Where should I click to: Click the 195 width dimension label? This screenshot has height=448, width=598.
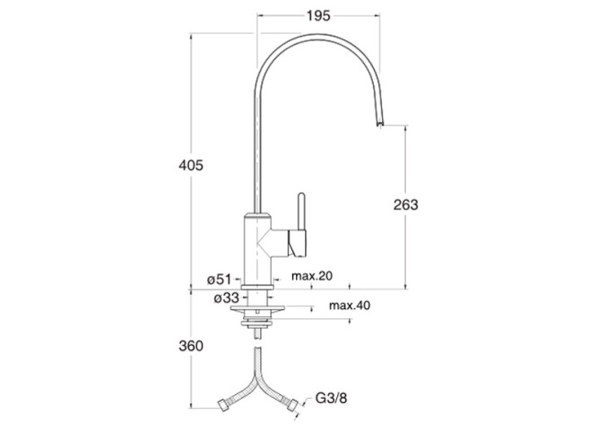[318, 16]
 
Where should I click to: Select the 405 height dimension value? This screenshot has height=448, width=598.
[191, 166]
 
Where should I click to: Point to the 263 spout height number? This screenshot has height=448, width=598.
[406, 205]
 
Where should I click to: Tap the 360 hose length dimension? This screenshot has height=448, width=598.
[191, 346]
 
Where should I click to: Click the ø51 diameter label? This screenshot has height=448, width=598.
[220, 280]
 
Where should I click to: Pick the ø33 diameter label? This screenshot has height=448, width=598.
[227, 297]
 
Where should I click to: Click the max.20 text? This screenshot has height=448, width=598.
[312, 276]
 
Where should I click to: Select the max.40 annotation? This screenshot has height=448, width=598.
[350, 306]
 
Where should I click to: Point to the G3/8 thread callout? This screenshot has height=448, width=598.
[331, 399]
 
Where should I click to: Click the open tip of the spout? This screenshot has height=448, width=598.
[380, 125]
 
